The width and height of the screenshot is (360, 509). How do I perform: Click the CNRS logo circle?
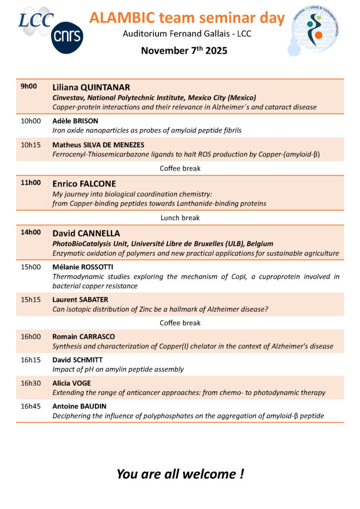pyautogui.click(x=67, y=38)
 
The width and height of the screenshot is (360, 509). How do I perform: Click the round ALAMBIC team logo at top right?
pyautogui.click(x=314, y=29)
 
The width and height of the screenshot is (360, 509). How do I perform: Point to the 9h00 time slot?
pyautogui.click(x=29, y=86)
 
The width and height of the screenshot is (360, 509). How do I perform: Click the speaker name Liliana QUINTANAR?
pyautogui.click(x=91, y=87)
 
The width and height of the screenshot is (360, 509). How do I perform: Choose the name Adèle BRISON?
pyautogui.click(x=75, y=121)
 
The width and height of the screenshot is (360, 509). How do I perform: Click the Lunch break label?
pyautogui.click(x=180, y=218)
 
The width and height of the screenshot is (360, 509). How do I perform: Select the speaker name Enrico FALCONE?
pyautogui.click(x=84, y=183)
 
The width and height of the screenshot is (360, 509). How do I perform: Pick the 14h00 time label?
pyautogui.click(x=30, y=232)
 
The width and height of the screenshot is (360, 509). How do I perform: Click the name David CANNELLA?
pyautogui.click(x=86, y=233)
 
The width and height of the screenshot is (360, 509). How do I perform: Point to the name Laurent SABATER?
pyautogui.click(x=80, y=300)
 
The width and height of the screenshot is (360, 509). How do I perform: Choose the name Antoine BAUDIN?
pyautogui.click(x=80, y=406)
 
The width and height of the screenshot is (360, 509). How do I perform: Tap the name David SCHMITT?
pyautogui.click(x=79, y=360)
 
